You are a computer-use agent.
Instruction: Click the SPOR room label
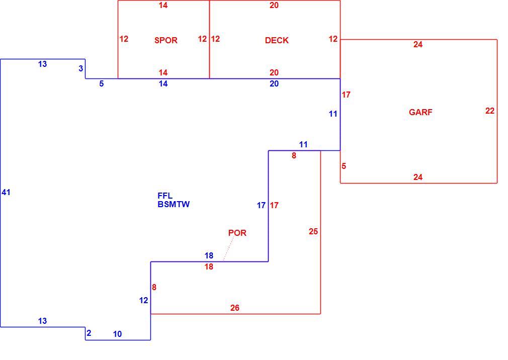[x=166, y=40]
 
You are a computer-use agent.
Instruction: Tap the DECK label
[x=277, y=40]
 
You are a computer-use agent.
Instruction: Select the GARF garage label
[x=420, y=112]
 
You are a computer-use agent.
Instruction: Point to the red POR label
[x=237, y=233]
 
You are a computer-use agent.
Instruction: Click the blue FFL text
[x=165, y=196]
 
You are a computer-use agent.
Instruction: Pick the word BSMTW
[x=174, y=204]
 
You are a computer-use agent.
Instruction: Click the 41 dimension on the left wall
[x=6, y=193]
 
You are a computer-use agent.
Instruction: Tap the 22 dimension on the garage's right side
[x=490, y=111]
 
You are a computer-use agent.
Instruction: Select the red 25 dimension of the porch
[x=313, y=231]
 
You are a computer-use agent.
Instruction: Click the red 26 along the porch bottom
[x=235, y=308]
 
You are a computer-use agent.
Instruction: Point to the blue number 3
[x=80, y=69]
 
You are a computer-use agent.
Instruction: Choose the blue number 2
[x=89, y=333]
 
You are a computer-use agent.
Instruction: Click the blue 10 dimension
[x=117, y=334]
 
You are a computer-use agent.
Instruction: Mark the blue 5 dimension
[x=102, y=84]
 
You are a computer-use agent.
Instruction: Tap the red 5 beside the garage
[x=344, y=166]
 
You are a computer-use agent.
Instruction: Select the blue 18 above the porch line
[x=209, y=256]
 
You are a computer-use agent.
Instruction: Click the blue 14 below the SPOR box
[x=163, y=84]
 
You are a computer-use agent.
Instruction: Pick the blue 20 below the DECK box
[x=274, y=84]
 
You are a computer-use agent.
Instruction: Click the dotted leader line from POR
[x=228, y=249]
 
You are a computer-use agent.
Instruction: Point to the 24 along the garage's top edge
[x=418, y=45]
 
